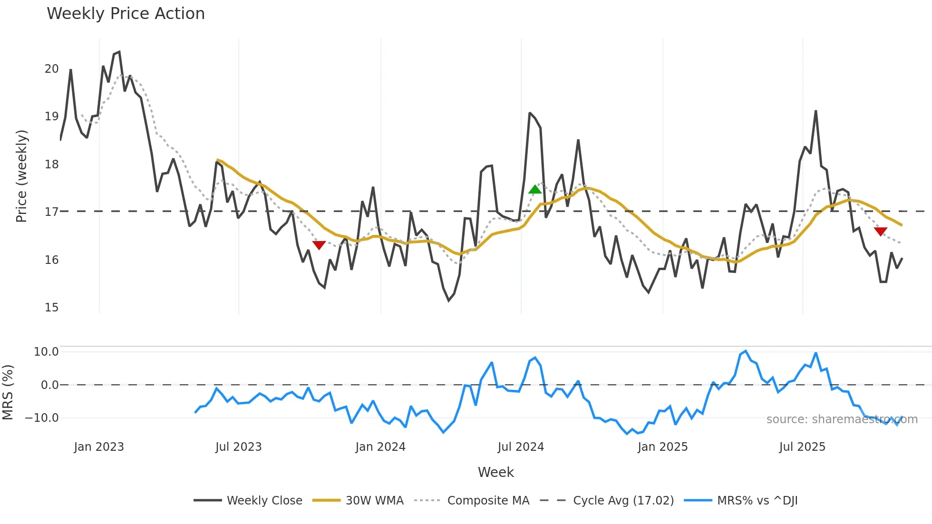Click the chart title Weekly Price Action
126,14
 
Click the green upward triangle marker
535,189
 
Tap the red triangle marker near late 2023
319,245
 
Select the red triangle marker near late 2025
880,232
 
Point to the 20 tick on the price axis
52,69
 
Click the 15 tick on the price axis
52,308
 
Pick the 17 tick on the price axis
52,212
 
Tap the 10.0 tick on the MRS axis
46,352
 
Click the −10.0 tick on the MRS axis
42,418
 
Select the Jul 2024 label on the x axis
521,447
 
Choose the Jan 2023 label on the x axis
99,447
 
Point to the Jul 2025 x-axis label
802,447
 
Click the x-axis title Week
495,472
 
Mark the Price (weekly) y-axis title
22,176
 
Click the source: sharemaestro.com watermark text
842,419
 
